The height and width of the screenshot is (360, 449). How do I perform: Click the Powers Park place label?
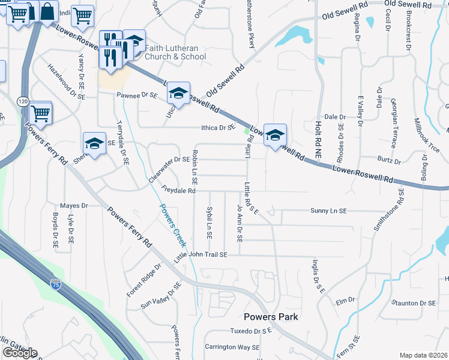click(271, 317)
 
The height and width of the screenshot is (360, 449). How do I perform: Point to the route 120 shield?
click(23, 101)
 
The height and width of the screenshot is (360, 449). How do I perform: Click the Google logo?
click(20, 352)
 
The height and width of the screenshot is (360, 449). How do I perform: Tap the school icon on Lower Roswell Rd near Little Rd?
click(275, 134)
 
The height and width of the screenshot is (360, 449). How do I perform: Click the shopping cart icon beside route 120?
click(40, 112)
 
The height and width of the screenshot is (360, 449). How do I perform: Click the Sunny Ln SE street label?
click(328, 211)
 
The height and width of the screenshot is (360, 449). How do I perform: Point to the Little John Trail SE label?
click(201, 255)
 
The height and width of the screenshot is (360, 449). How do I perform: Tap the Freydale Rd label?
click(178, 191)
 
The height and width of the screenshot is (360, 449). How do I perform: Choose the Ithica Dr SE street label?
click(216, 127)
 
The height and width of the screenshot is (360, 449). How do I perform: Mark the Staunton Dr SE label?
click(413, 304)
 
